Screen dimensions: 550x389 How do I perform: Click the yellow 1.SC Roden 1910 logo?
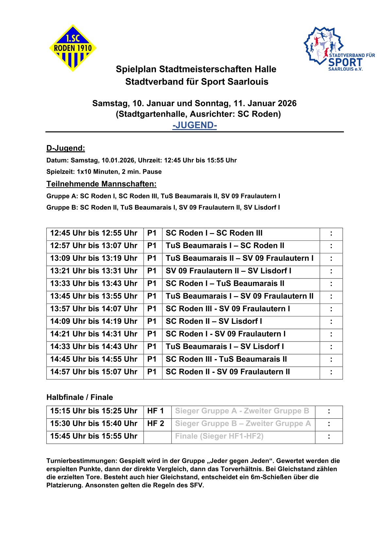(x=73, y=48)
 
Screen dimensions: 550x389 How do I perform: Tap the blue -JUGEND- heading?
(x=194, y=125)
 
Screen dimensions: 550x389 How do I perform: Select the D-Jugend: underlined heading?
(x=66, y=148)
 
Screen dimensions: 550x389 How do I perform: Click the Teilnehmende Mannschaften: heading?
(x=101, y=184)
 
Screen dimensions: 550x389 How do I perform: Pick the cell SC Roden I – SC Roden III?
(x=214, y=233)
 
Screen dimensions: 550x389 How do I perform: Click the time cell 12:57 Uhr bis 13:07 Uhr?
(x=94, y=246)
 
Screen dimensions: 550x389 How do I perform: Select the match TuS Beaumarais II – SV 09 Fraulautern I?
(x=239, y=258)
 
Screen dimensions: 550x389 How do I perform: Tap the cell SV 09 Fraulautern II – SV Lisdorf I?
(x=228, y=271)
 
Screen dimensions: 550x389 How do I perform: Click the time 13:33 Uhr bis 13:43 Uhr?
(x=94, y=283)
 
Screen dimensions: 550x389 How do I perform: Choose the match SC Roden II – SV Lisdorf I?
(x=214, y=321)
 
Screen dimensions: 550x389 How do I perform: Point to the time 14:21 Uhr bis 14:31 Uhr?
(x=94, y=334)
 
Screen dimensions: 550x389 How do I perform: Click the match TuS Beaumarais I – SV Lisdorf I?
(x=225, y=346)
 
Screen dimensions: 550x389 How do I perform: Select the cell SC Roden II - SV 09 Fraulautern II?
(x=228, y=372)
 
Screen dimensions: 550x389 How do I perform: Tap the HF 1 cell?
(x=156, y=411)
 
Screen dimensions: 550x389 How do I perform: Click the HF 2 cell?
(x=156, y=424)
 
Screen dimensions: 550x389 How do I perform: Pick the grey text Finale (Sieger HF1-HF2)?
(x=219, y=436)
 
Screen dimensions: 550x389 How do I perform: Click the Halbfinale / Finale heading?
(x=80, y=397)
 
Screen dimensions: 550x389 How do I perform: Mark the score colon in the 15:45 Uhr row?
(x=329, y=436)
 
